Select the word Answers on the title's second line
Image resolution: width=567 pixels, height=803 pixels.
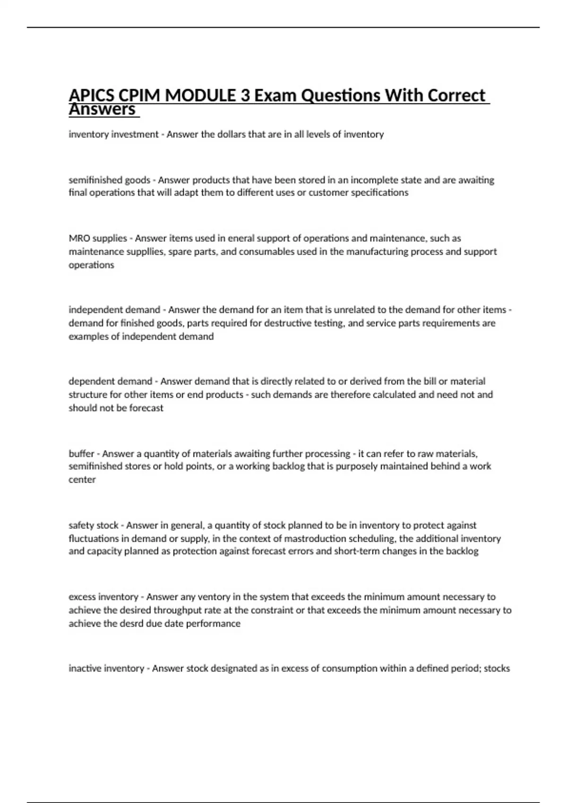pos(102,110)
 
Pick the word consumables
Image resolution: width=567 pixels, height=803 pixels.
pos(266,251)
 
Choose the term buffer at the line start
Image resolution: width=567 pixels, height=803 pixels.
pos(81,453)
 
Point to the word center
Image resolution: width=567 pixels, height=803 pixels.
pos(82,479)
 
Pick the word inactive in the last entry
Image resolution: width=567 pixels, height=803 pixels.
pos(85,668)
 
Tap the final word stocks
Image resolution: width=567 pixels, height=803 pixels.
pos(497,668)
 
